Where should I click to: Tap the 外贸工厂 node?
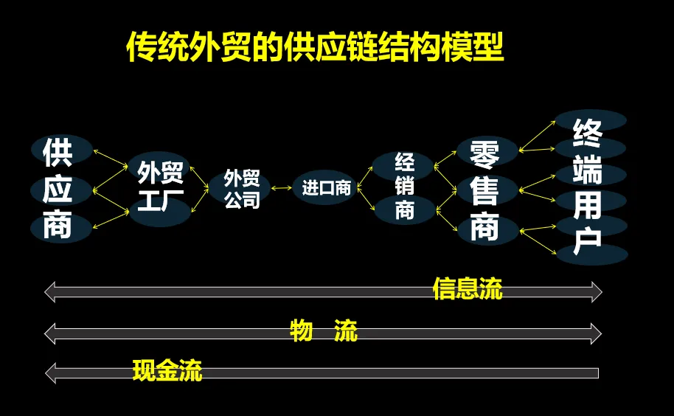click(160, 187)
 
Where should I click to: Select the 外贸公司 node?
click(242, 189)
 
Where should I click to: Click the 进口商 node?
click(326, 187)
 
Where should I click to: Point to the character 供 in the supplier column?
click(58, 152)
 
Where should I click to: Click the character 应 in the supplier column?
click(58, 190)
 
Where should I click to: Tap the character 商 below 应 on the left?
click(58, 226)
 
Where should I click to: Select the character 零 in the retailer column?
click(484, 154)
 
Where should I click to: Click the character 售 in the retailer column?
click(484, 191)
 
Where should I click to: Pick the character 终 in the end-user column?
click(588, 133)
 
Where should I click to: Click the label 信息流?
click(468, 289)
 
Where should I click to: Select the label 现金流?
click(167, 370)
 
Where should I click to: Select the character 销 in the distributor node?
click(405, 186)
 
